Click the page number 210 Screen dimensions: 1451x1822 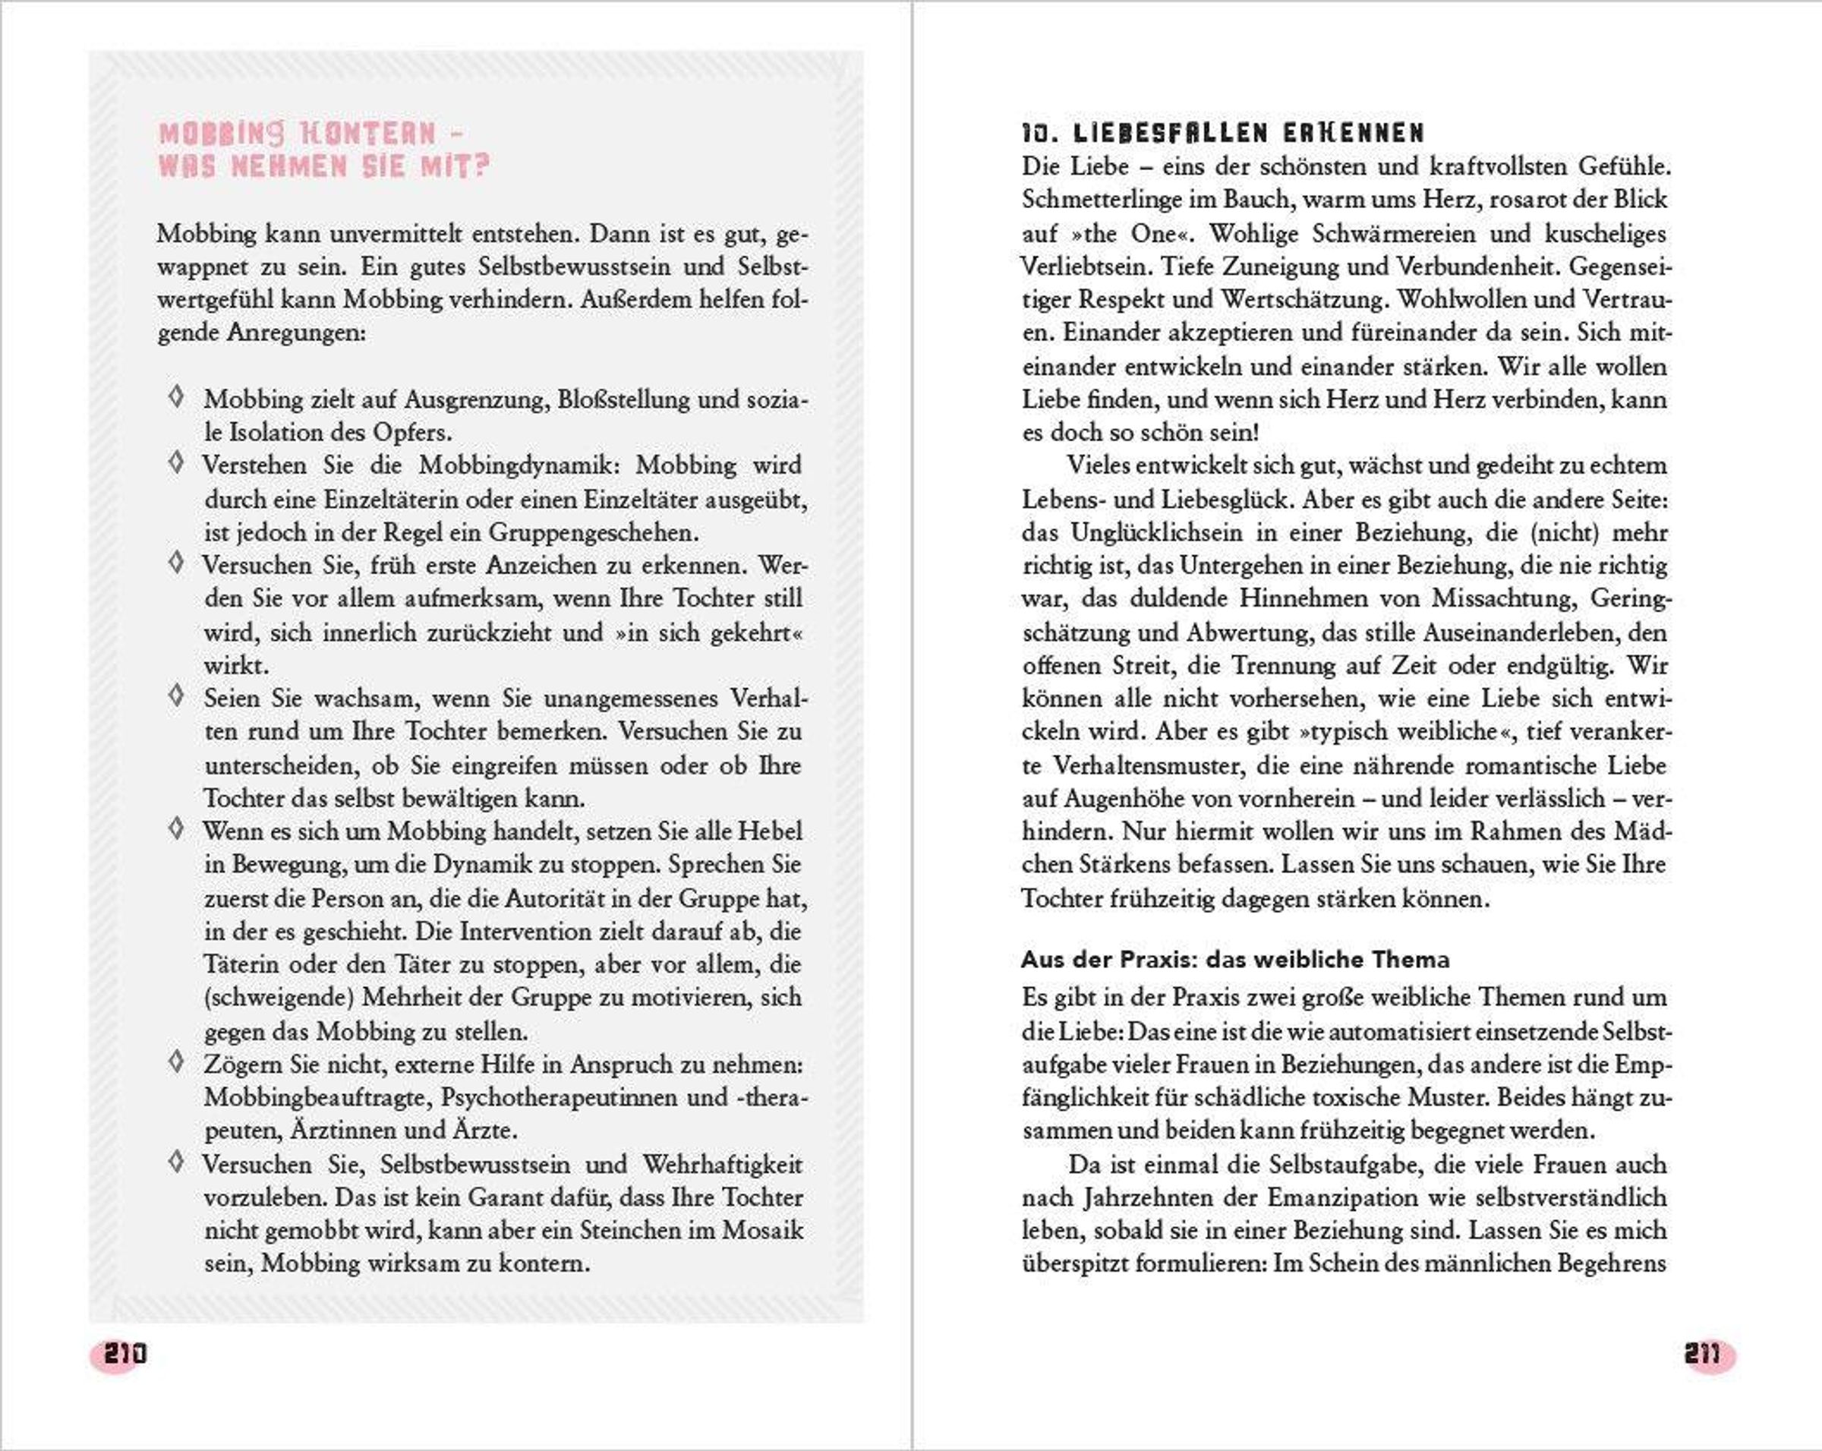[x=125, y=1354]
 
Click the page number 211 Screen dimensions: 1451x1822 [x=1701, y=1354]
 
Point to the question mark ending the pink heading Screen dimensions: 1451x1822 [x=482, y=166]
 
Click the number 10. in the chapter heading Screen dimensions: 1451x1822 [x=1039, y=133]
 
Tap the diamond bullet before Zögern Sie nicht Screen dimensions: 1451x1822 [x=176, y=1061]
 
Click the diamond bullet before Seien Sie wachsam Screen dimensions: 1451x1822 [x=176, y=696]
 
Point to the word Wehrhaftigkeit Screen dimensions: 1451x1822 [x=723, y=1165]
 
